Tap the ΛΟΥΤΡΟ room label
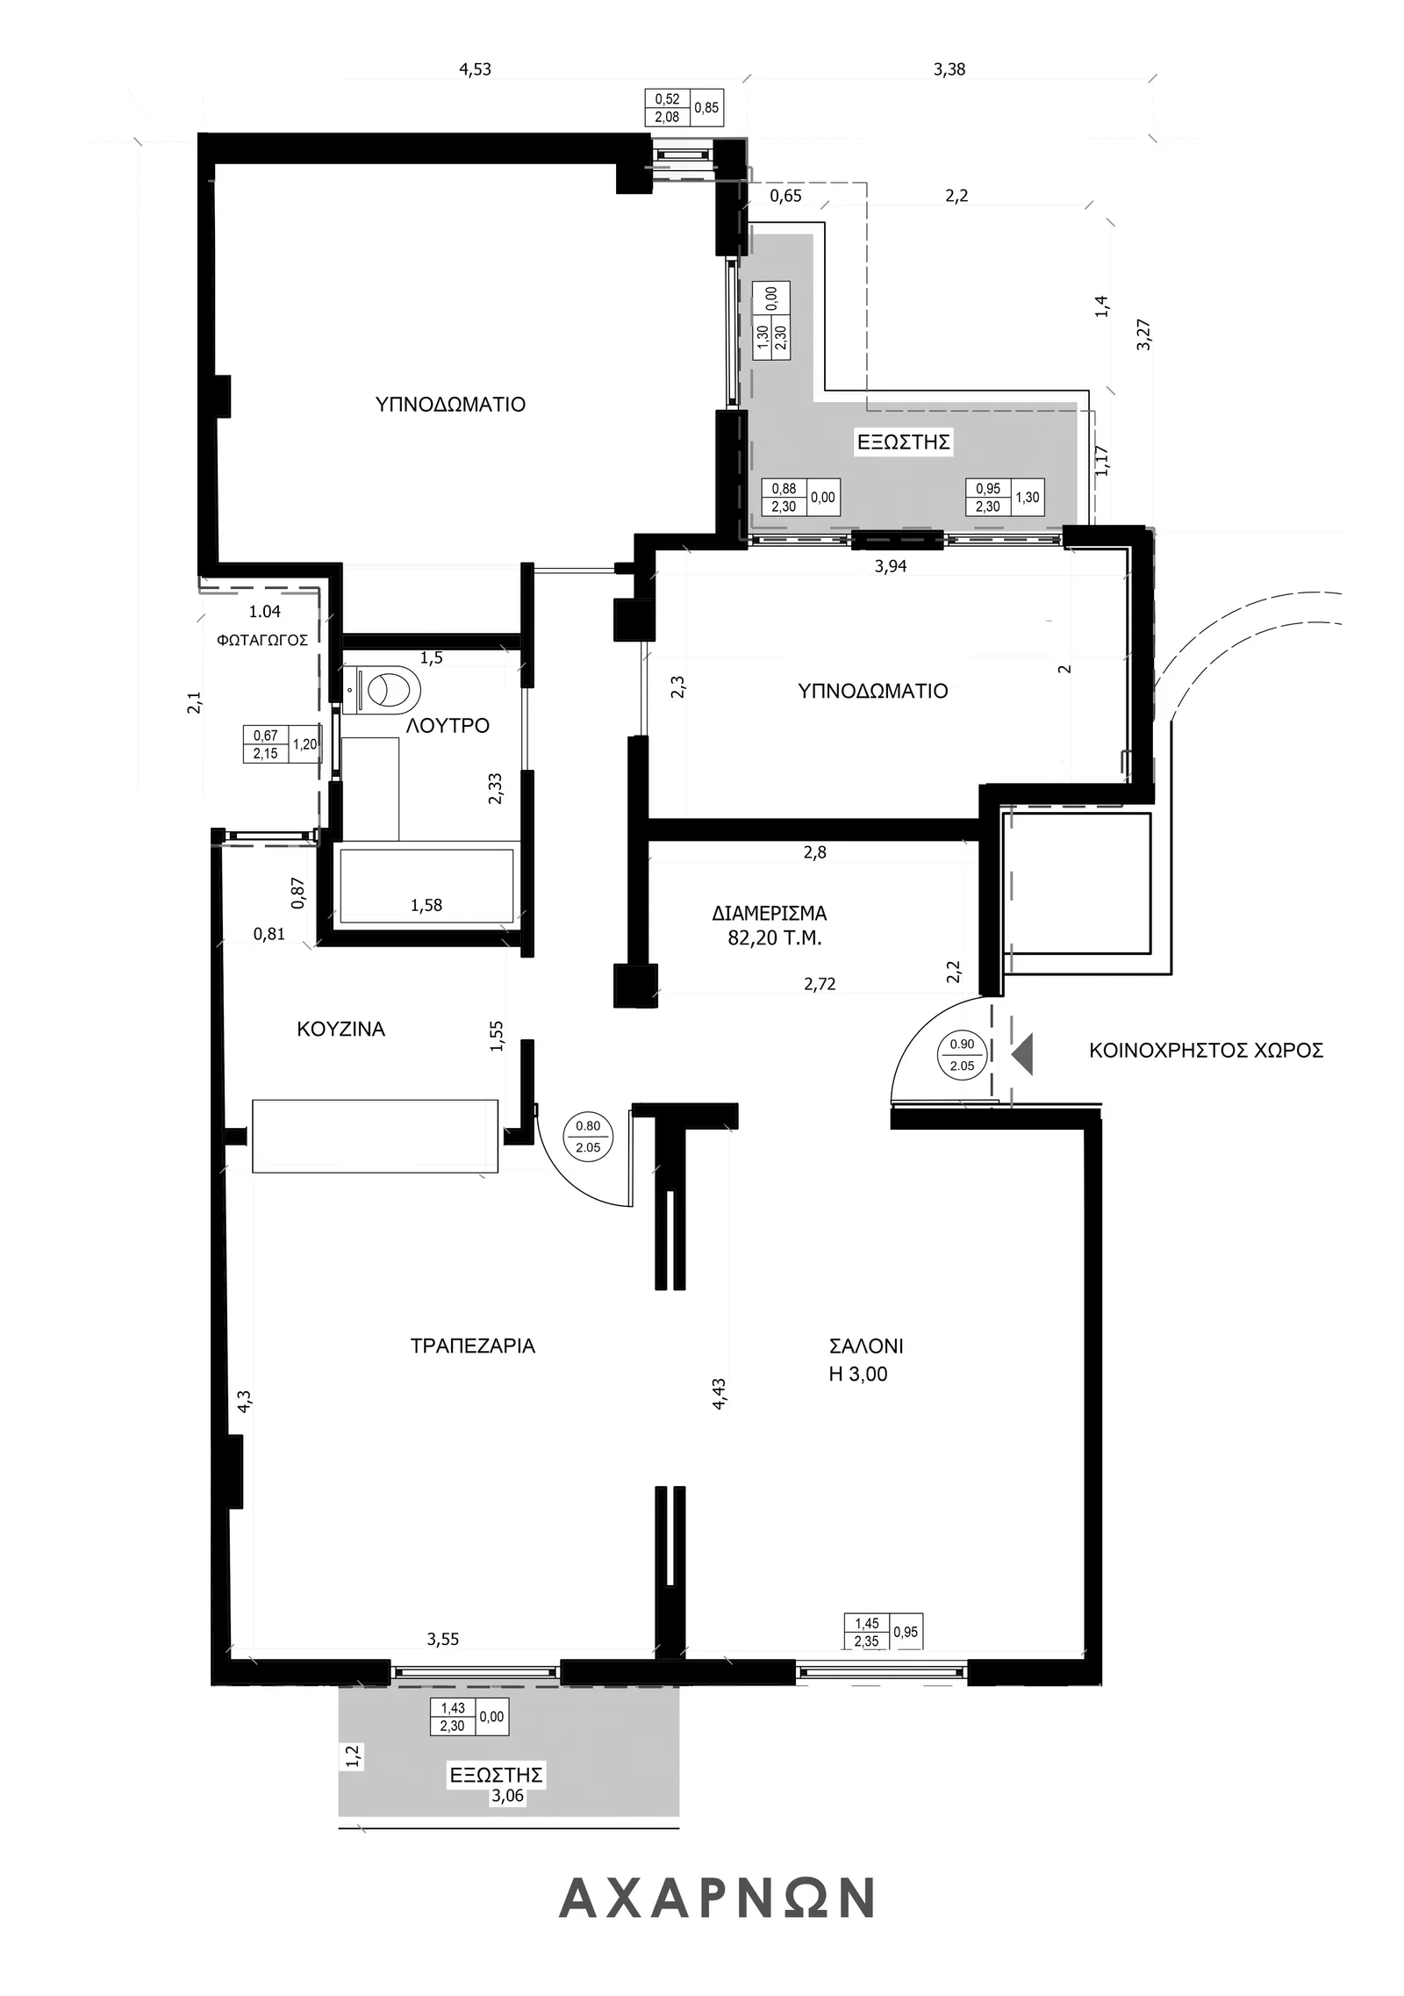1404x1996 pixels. tap(448, 726)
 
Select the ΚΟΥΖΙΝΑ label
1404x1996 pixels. tap(340, 1029)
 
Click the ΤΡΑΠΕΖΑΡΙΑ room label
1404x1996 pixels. tap(472, 1346)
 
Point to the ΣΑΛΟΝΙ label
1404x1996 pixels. tap(865, 1346)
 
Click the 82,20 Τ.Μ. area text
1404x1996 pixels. tap(774, 937)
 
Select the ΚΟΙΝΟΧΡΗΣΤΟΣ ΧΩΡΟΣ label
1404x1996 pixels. tap(1206, 1050)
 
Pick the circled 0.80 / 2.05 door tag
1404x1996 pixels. tap(588, 1137)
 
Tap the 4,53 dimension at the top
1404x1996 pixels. tap(476, 69)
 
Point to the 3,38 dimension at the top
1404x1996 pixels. tap(949, 69)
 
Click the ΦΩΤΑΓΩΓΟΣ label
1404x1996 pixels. tap(261, 640)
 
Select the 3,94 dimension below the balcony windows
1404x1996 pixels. tap(891, 566)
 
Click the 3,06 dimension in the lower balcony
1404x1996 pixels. tap(507, 1796)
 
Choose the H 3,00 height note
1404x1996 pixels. tap(857, 1374)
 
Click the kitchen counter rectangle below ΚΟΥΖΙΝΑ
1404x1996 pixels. tap(375, 1135)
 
